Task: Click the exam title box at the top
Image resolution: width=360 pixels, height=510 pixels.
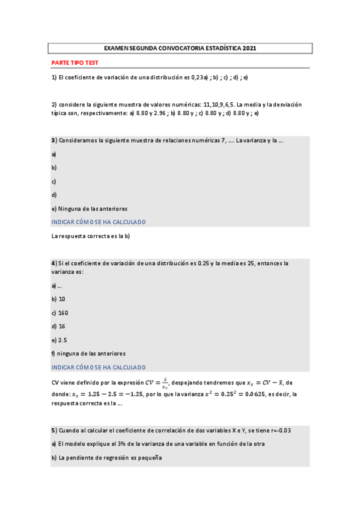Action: (x=180, y=48)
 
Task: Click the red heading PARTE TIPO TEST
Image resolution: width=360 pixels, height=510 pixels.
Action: (x=75, y=63)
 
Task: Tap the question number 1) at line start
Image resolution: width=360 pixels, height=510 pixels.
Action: (x=53, y=78)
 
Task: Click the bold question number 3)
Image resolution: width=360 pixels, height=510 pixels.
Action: (x=53, y=141)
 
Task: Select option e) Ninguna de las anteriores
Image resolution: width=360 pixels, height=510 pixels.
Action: (x=89, y=209)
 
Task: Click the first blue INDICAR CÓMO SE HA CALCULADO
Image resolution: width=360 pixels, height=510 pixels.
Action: (x=99, y=222)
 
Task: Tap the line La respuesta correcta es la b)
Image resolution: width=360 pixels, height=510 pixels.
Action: (x=91, y=236)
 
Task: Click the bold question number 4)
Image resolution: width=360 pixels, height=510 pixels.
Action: (x=53, y=263)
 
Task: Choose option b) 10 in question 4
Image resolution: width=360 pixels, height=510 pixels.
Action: (x=58, y=299)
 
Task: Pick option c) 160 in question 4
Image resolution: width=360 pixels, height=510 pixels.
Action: (x=59, y=313)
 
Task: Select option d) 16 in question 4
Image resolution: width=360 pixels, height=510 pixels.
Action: (x=58, y=326)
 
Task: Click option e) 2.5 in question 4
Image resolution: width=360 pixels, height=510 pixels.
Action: (x=59, y=340)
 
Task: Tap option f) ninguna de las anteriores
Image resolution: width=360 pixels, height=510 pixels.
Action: (x=88, y=353)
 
